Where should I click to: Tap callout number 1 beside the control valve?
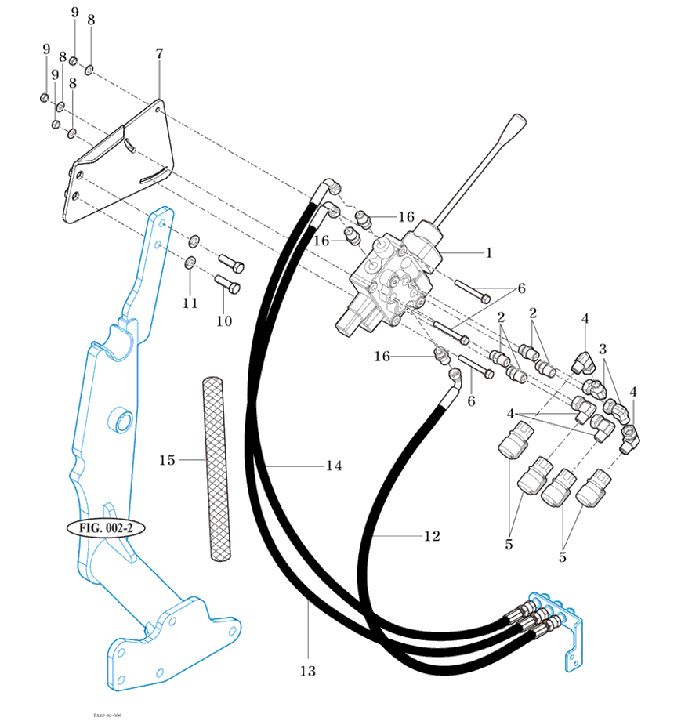tap(488, 252)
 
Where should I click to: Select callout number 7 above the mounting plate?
tap(159, 54)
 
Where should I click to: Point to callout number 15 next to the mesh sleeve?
tap(167, 460)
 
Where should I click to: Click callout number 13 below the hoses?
tap(307, 671)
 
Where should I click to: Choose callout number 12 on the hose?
tap(432, 537)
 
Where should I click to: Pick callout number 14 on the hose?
tap(334, 466)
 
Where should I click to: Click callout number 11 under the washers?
tap(190, 303)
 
